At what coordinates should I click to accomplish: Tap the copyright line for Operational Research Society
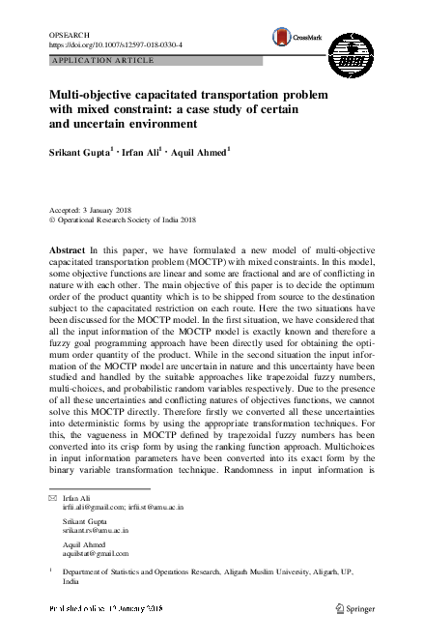[125, 220]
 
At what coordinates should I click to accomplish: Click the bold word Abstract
[68, 249]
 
